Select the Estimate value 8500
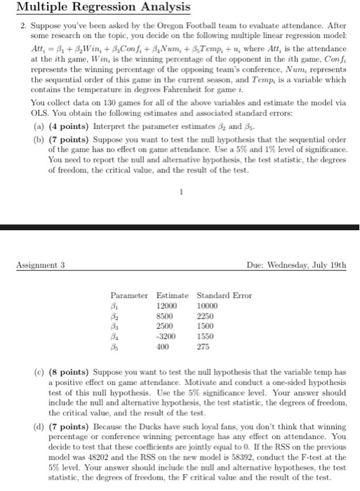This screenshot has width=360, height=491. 166,317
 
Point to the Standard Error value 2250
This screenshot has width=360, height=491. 206,317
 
